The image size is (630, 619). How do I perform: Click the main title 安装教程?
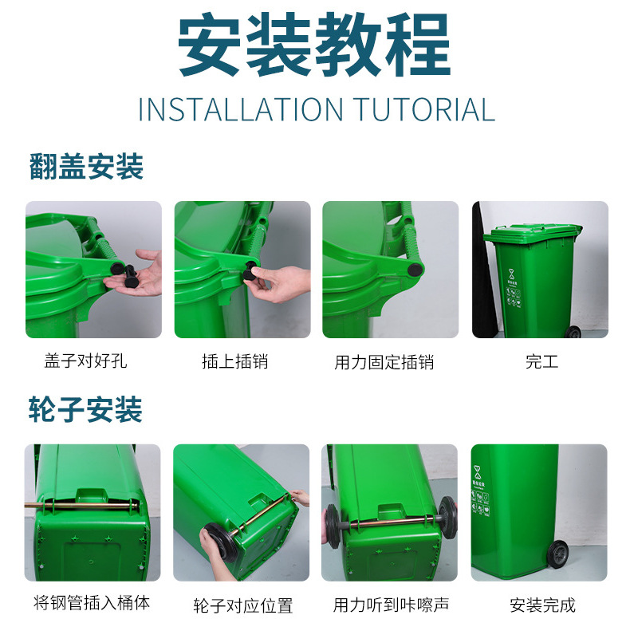(x=314, y=44)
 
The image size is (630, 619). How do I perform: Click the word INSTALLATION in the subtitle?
(x=241, y=110)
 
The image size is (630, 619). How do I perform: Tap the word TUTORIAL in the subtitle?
(x=424, y=110)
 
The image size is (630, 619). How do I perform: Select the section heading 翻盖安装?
(x=86, y=166)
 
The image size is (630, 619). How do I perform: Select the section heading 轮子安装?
(x=85, y=409)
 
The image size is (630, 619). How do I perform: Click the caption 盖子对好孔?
(x=85, y=361)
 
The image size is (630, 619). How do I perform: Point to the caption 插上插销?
(x=235, y=361)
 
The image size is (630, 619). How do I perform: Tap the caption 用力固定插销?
(x=384, y=362)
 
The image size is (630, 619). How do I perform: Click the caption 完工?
(x=542, y=361)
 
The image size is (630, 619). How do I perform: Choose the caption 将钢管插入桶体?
(x=92, y=602)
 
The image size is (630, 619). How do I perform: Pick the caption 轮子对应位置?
(x=243, y=605)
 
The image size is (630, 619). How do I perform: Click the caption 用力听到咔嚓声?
(x=391, y=605)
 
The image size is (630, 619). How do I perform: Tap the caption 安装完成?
(x=543, y=605)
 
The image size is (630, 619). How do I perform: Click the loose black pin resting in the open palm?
(x=130, y=276)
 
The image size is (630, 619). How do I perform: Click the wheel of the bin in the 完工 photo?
(x=573, y=332)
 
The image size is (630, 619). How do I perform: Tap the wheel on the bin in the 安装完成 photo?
(x=557, y=554)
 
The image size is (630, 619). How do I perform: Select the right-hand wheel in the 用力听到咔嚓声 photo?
(x=447, y=518)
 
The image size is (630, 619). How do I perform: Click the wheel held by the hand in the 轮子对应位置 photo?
(x=220, y=542)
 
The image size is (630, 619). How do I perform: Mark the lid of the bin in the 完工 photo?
(x=533, y=233)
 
